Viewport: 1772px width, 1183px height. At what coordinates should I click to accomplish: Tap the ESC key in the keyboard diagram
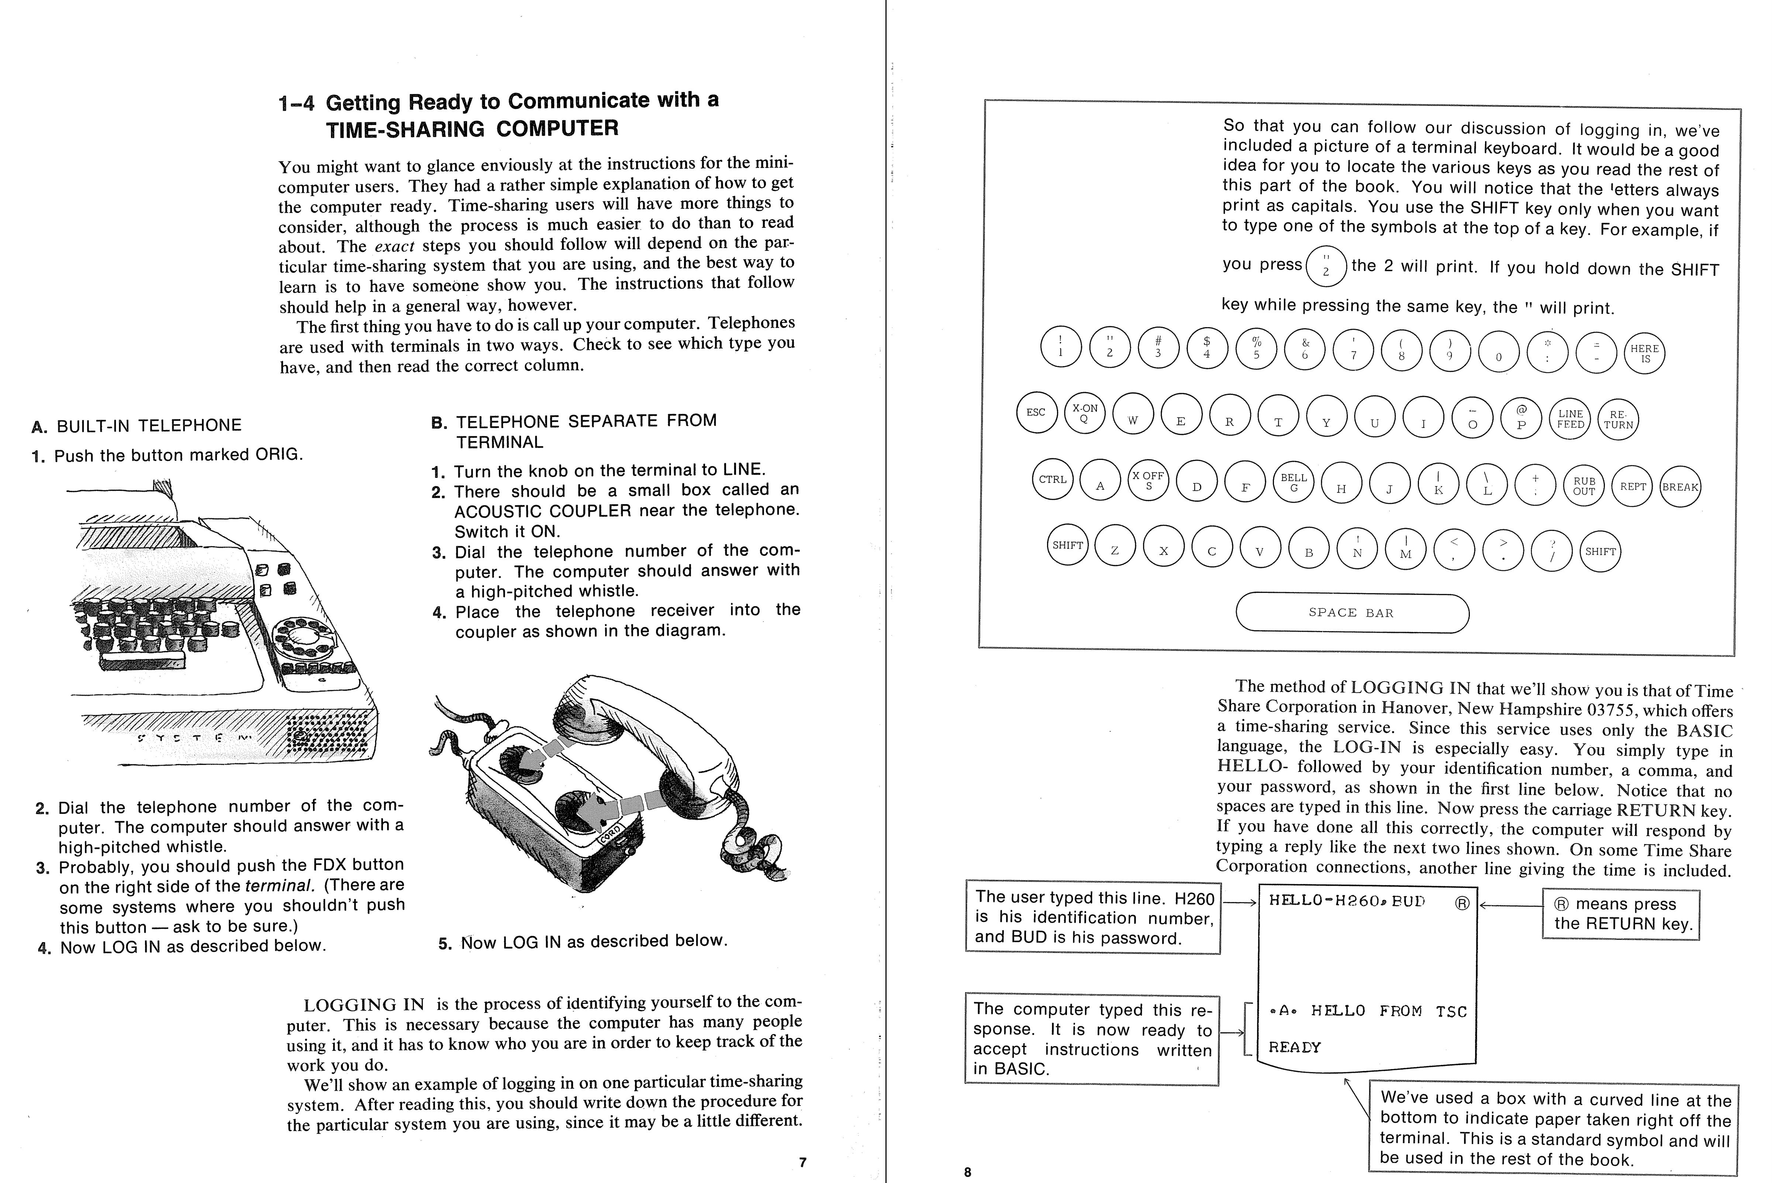pyautogui.click(x=1036, y=412)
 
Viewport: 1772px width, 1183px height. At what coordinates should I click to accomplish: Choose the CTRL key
pyautogui.click(x=1053, y=479)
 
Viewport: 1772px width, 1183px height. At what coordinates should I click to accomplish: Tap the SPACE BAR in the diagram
pyautogui.click(x=1352, y=613)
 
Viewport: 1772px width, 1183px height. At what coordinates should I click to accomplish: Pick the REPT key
pyautogui.click(x=1633, y=487)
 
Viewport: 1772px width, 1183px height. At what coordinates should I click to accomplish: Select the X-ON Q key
pyautogui.click(x=1084, y=413)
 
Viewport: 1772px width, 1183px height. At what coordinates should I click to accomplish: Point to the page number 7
pyautogui.click(x=802, y=1163)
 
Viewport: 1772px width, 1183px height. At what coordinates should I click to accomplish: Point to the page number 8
pyautogui.click(x=967, y=1172)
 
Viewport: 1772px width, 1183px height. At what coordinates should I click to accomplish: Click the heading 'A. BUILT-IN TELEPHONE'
pyautogui.click(x=137, y=426)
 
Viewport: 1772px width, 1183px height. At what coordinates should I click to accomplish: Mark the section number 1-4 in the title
pyautogui.click(x=296, y=103)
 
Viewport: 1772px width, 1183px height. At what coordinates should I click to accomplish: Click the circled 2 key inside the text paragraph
pyautogui.click(x=1326, y=266)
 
